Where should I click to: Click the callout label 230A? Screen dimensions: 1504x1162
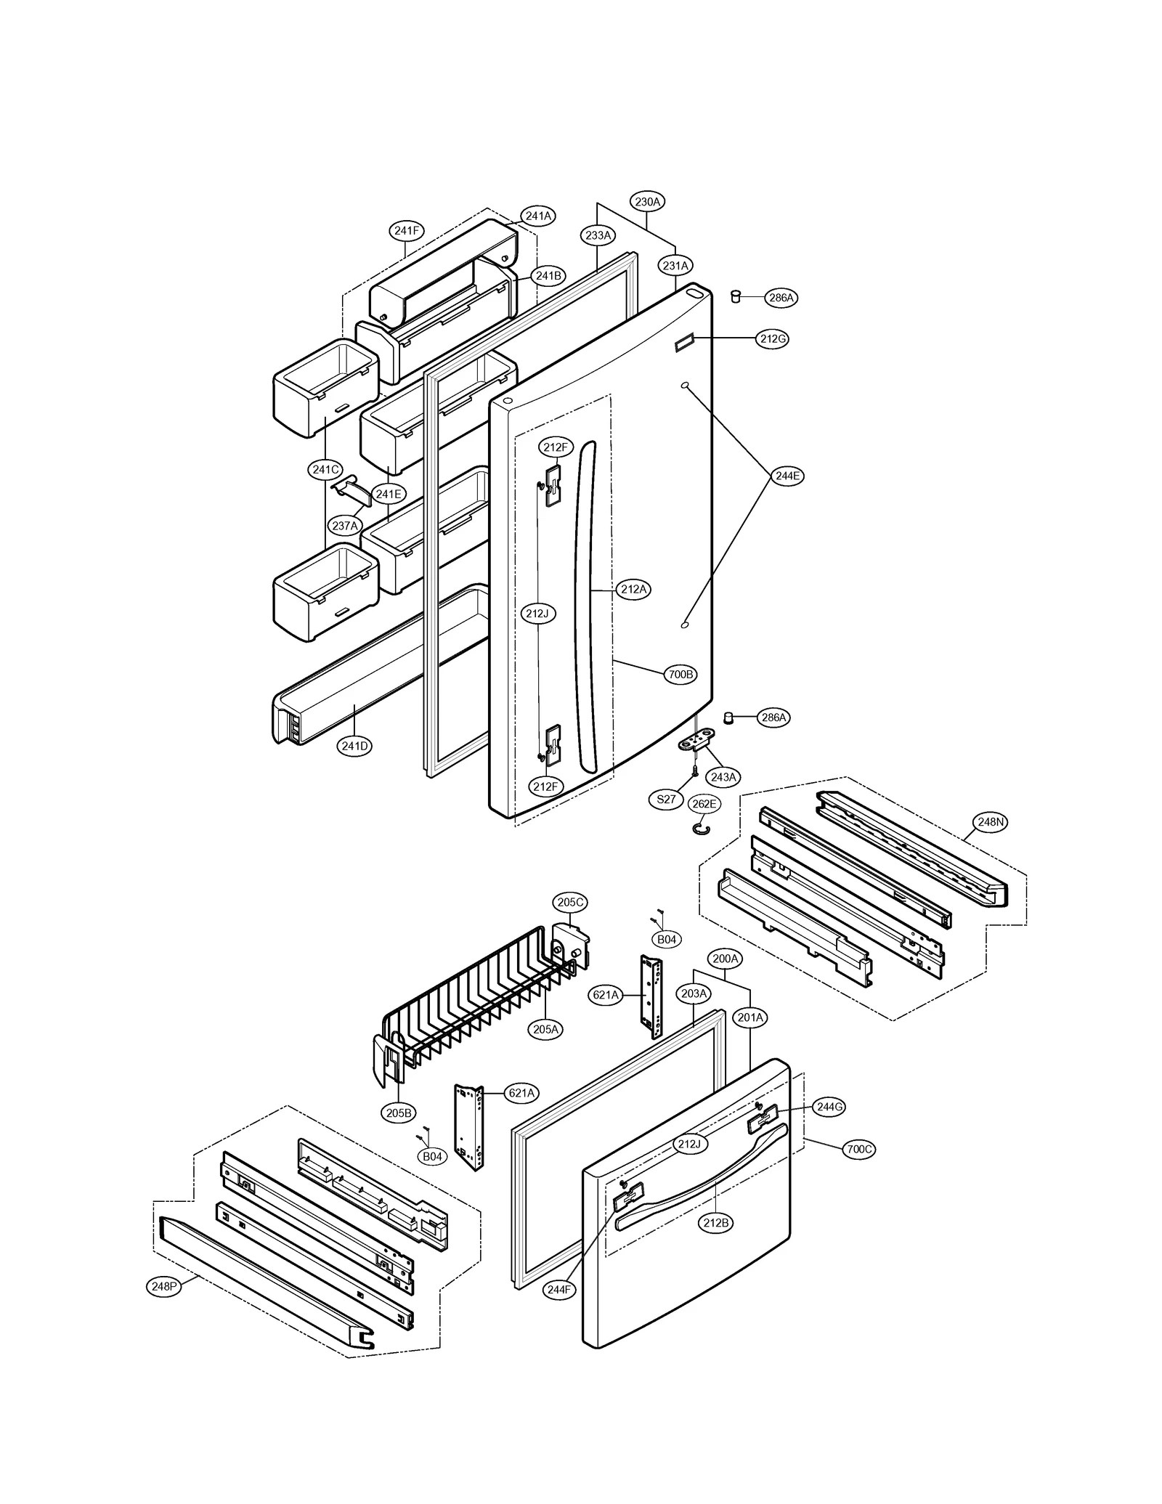point(646,202)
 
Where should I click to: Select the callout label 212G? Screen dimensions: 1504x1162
point(772,338)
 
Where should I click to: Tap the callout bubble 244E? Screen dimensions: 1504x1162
point(787,476)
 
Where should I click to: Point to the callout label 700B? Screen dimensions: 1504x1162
point(680,674)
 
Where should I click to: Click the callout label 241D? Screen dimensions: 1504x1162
point(354,745)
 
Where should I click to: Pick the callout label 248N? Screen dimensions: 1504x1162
point(990,822)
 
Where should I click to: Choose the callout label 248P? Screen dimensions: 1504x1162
point(163,1286)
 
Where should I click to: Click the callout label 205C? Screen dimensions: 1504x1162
point(570,902)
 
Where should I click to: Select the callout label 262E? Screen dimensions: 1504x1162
point(703,804)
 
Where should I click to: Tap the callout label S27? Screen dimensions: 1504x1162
point(665,799)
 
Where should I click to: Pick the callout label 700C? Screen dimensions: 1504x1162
point(858,1149)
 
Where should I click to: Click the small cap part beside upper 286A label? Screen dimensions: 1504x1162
point(735,296)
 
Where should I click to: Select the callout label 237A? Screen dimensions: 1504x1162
point(345,525)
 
